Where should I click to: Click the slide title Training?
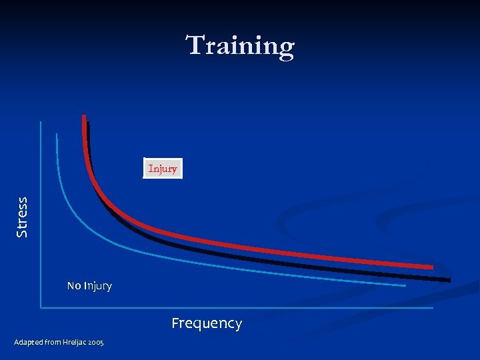click(240, 46)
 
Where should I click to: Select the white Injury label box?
click(163, 169)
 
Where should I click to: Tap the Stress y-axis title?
click(22, 217)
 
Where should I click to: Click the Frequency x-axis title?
click(207, 323)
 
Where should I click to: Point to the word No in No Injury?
click(74, 286)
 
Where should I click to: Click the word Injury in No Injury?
click(98, 286)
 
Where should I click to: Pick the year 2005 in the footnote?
click(95, 342)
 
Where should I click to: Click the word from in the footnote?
click(51, 342)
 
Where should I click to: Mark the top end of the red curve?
click(84, 117)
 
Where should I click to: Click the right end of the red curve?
click(433, 267)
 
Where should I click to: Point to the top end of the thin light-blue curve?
click(57, 134)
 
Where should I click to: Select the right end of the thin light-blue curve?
click(405, 285)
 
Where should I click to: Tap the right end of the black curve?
click(449, 279)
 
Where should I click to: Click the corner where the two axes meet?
click(41, 307)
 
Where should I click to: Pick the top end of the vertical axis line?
click(41, 121)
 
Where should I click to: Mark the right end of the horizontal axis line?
click(433, 307)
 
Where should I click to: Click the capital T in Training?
click(195, 46)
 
